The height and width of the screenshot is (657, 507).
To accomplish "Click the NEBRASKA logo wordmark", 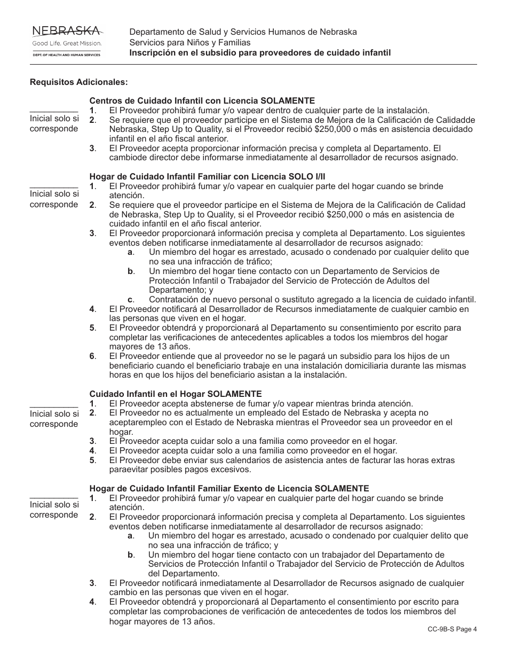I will [x=67, y=30].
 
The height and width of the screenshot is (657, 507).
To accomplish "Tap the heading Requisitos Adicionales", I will [x=79, y=82].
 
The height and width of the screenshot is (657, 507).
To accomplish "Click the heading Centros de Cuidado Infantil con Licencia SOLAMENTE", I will [x=202, y=100].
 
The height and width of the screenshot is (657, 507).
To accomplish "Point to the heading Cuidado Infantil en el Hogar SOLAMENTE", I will [x=176, y=394].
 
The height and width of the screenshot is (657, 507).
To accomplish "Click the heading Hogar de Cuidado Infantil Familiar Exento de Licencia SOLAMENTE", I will [x=229, y=488].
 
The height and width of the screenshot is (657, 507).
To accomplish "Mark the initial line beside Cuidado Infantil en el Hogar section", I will [x=53, y=406].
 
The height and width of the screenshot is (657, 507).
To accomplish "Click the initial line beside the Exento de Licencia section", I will [x=53, y=497].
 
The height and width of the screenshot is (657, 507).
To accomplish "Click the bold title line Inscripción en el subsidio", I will [x=260, y=53].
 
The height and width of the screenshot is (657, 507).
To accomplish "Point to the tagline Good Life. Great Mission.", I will [x=67, y=43].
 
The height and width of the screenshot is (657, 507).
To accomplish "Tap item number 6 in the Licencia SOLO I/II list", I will [x=92, y=356].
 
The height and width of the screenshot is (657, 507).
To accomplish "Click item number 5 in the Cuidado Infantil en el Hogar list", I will [x=92, y=460].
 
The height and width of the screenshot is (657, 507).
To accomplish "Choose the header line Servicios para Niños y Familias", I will [x=189, y=42].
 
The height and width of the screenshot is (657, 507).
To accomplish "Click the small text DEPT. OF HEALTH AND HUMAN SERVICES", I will [x=67, y=54].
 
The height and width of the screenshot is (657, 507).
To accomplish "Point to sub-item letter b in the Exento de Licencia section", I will [x=130, y=554].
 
